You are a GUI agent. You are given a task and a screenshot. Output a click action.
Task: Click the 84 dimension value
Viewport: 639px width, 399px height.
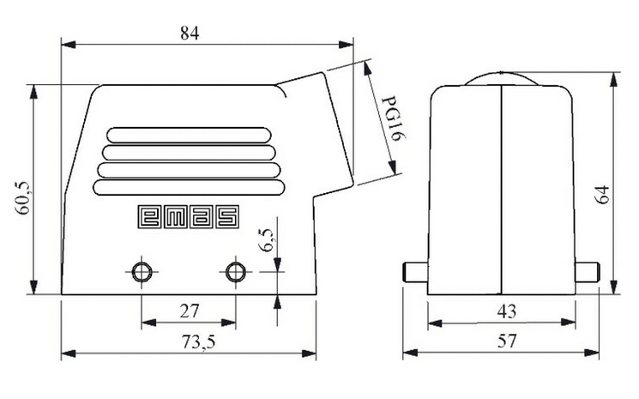190,33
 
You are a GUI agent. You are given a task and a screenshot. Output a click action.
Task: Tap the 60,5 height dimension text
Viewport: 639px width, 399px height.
22,197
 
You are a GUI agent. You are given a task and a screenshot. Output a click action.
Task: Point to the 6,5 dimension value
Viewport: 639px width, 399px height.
267,239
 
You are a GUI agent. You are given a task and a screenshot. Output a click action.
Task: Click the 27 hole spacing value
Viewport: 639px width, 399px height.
190,311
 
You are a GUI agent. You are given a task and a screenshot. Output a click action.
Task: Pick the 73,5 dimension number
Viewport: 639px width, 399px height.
198,342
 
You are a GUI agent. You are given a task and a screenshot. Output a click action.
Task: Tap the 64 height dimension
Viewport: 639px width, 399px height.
601,194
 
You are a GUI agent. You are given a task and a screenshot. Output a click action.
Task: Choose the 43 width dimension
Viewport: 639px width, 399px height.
507,311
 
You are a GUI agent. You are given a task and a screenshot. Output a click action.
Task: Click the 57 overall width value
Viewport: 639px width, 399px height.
507,341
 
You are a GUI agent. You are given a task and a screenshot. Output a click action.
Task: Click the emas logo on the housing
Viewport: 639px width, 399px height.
189,216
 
